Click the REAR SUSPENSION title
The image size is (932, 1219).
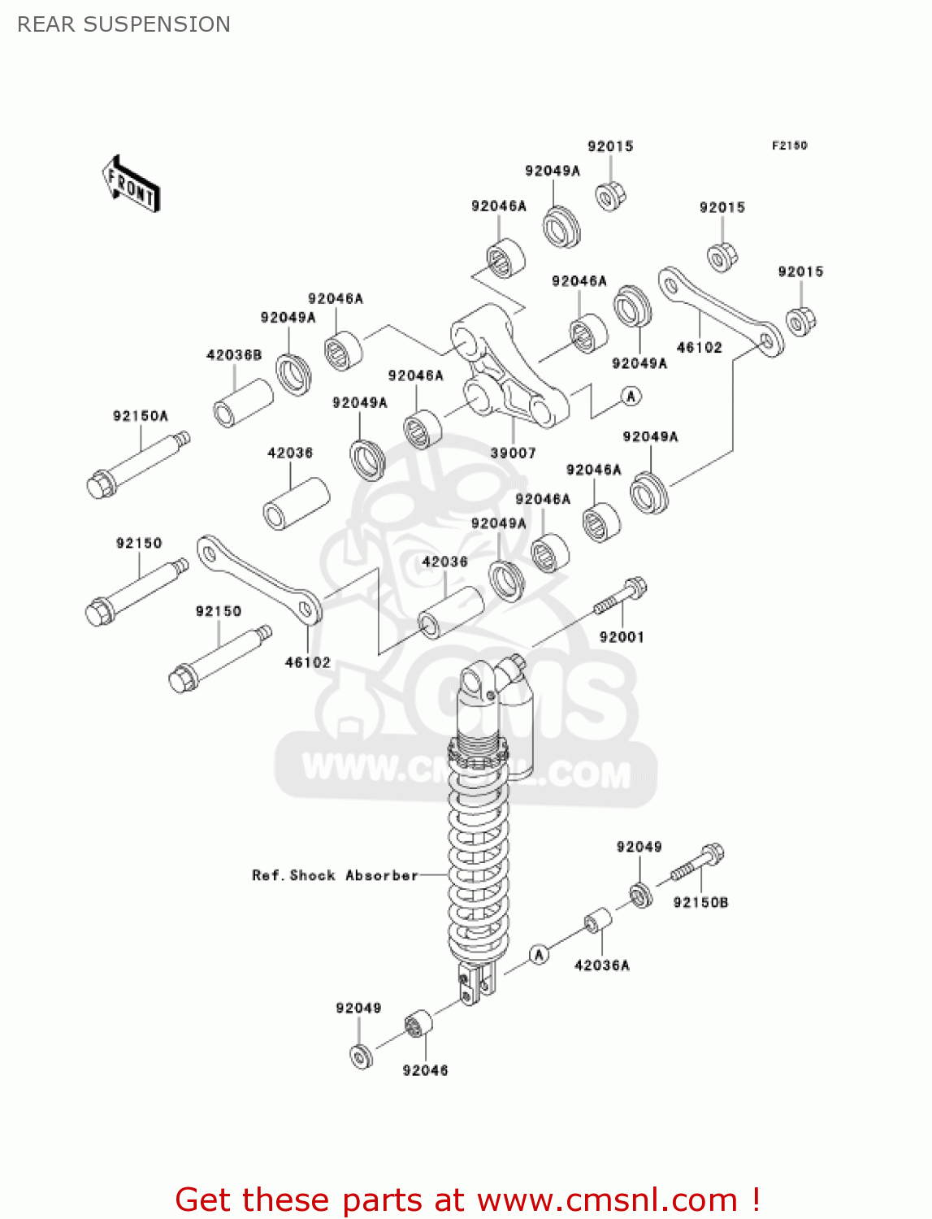coord(124,24)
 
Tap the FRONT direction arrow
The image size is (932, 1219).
coord(132,184)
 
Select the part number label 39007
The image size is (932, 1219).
coord(513,453)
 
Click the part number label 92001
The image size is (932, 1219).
coord(622,637)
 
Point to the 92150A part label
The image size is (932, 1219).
coord(141,416)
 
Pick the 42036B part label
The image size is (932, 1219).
coord(234,355)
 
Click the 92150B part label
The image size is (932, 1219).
coord(700,902)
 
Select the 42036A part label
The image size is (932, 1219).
coord(601,965)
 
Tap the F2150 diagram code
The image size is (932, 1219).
coord(789,145)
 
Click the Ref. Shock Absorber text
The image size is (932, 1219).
coord(335,875)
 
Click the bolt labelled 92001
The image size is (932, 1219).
coord(621,596)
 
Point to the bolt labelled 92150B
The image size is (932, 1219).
coord(698,864)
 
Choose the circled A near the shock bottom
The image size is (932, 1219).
coord(539,954)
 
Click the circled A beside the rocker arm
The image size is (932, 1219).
coord(631,396)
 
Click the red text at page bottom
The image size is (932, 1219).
coord(467,1199)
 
